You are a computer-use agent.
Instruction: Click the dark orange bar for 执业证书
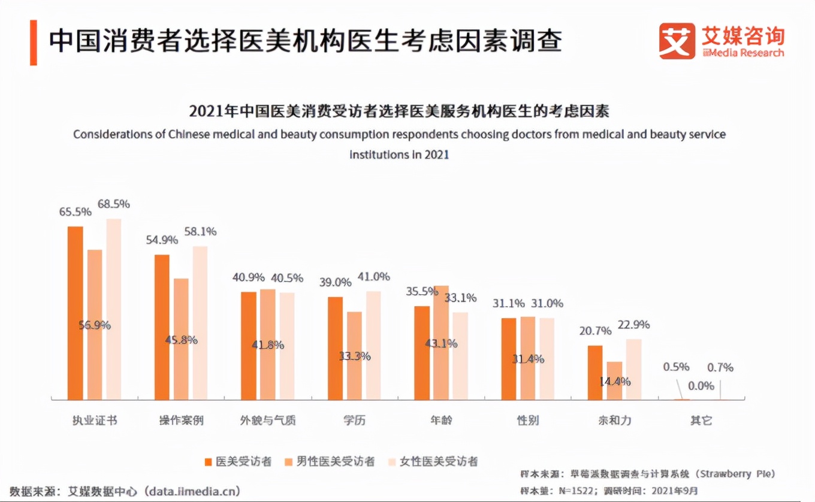click(x=76, y=313)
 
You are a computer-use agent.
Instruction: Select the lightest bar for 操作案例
click(x=201, y=323)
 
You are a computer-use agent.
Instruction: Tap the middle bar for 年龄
click(x=442, y=343)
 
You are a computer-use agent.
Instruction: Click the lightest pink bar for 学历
click(x=373, y=345)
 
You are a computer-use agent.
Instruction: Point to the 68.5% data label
click(x=114, y=204)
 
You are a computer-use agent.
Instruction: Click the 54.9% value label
click(x=162, y=240)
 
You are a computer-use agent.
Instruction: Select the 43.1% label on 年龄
click(x=442, y=344)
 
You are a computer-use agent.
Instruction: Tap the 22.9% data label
click(x=634, y=325)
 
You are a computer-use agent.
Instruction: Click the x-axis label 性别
click(x=528, y=420)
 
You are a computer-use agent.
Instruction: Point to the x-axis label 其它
click(x=701, y=420)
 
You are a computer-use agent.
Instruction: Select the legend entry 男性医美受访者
click(x=335, y=461)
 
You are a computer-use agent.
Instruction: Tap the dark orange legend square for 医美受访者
click(x=209, y=462)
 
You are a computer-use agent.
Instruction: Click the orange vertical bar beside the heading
click(x=34, y=42)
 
